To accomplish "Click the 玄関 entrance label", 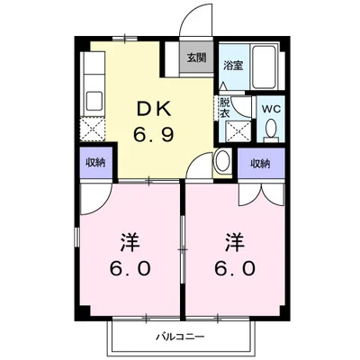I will (195, 58).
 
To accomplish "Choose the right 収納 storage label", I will (260, 163).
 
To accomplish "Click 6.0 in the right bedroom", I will (235, 268).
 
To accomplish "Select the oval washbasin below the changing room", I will (222, 163).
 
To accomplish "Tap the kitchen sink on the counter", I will (93, 97).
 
